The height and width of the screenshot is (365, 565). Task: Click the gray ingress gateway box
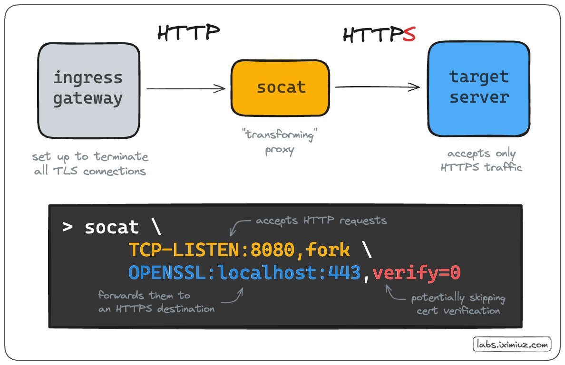point(89,90)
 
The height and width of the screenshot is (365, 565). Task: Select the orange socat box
point(281,88)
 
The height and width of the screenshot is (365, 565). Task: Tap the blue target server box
point(479,88)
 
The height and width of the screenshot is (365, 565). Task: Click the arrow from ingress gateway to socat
point(185,88)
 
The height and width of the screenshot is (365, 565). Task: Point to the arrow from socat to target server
point(377,87)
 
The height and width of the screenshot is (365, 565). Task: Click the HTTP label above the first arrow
point(189,32)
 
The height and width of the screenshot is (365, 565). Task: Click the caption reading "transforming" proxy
point(280,142)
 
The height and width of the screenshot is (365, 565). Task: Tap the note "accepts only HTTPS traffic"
point(481,160)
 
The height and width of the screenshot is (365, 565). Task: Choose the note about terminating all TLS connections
point(90,163)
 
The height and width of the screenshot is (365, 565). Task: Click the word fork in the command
point(328,250)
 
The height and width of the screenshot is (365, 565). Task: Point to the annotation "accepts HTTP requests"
point(321,221)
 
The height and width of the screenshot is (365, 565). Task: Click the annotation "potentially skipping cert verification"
point(458,304)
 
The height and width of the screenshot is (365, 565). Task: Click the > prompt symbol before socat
point(68,227)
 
